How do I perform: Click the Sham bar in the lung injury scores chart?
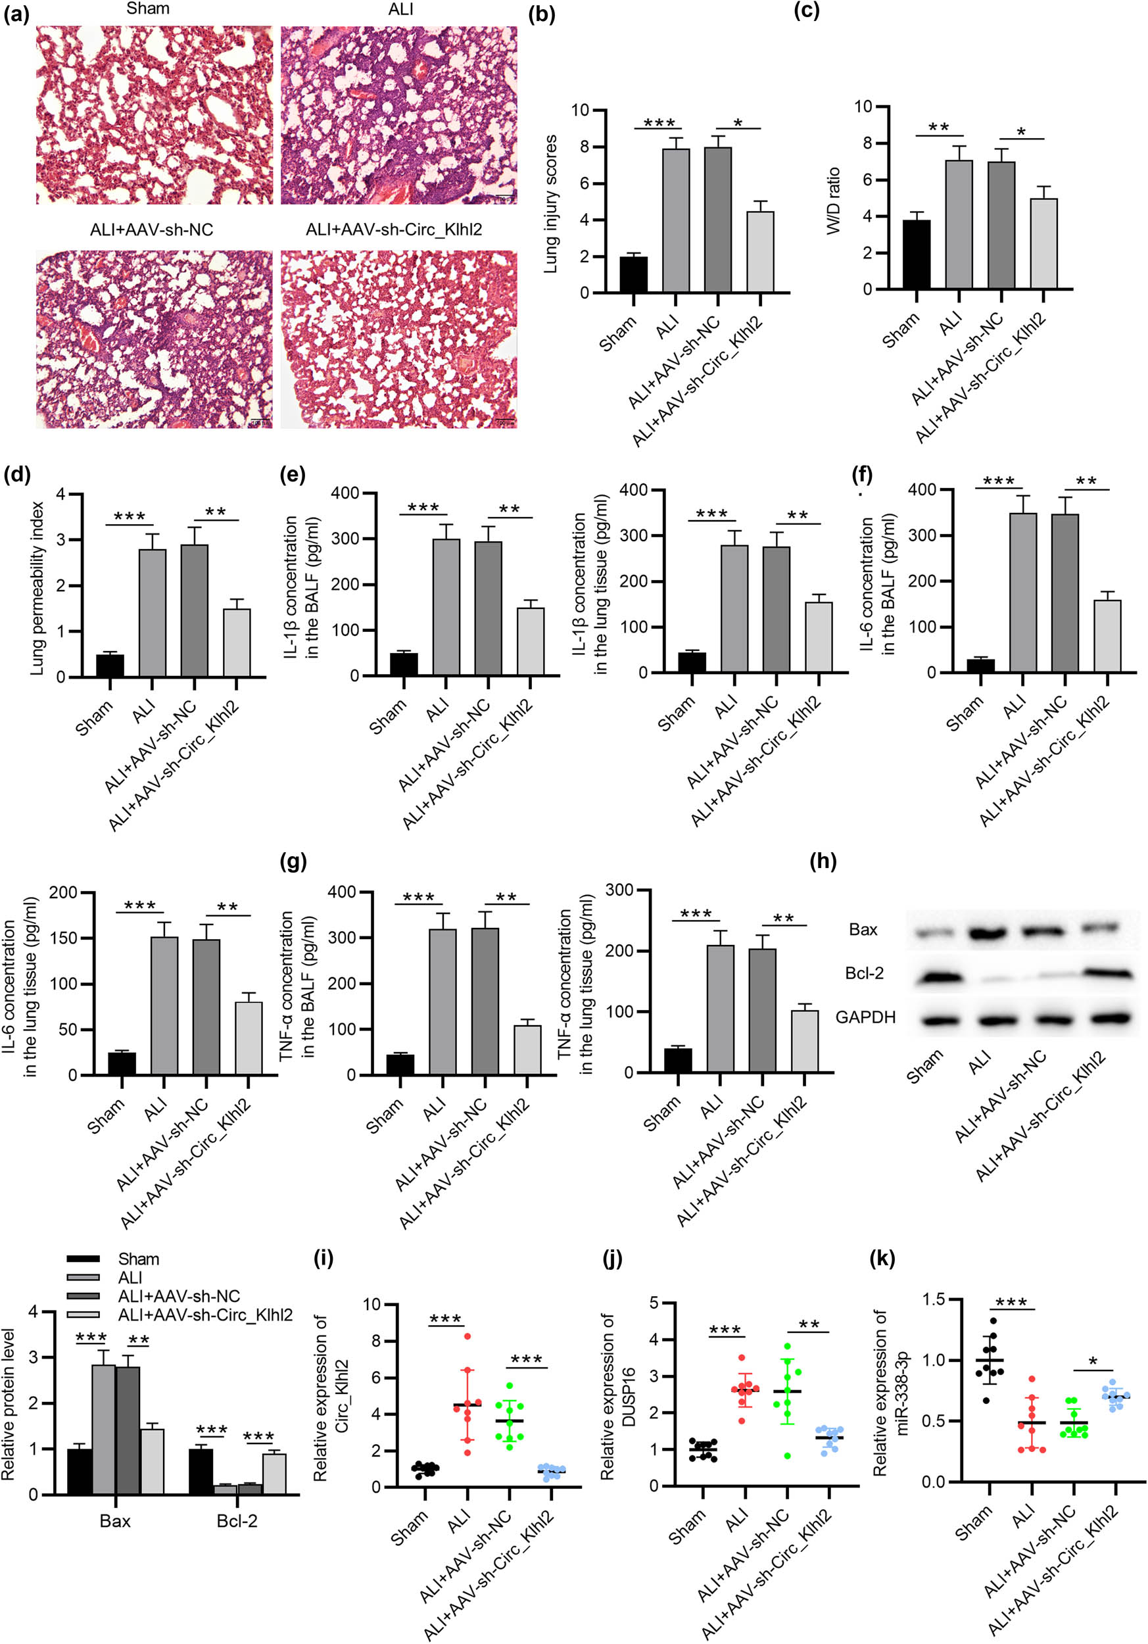pos(633,274)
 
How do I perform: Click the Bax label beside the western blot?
pos(863,929)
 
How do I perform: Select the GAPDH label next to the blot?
pos(865,1017)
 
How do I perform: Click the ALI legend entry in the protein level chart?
pos(130,1278)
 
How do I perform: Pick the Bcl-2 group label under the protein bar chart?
pos(237,1521)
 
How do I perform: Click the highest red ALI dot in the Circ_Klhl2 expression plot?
pos(467,1336)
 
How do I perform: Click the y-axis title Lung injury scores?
pos(550,204)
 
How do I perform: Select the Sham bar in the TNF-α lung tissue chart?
pos(678,1059)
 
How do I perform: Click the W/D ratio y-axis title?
pos(833,201)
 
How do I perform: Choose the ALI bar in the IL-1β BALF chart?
pos(446,607)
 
